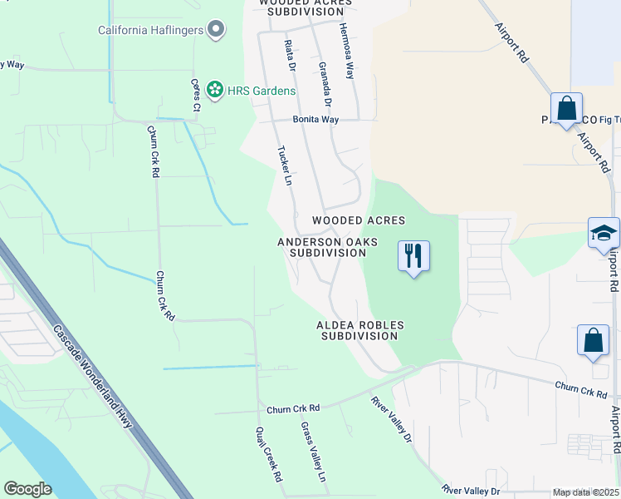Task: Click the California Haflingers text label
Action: [x=150, y=31]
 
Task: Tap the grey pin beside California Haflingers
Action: [x=216, y=30]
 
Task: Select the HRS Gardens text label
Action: [x=262, y=90]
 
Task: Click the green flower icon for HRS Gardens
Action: [x=215, y=89]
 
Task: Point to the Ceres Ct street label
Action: [x=196, y=95]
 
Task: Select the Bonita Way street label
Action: [x=315, y=120]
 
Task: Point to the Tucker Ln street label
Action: [x=285, y=166]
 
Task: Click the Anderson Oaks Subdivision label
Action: [x=327, y=247]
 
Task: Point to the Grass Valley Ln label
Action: [x=313, y=452]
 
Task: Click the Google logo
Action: [x=27, y=489]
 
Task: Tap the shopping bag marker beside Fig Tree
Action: [x=566, y=110]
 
